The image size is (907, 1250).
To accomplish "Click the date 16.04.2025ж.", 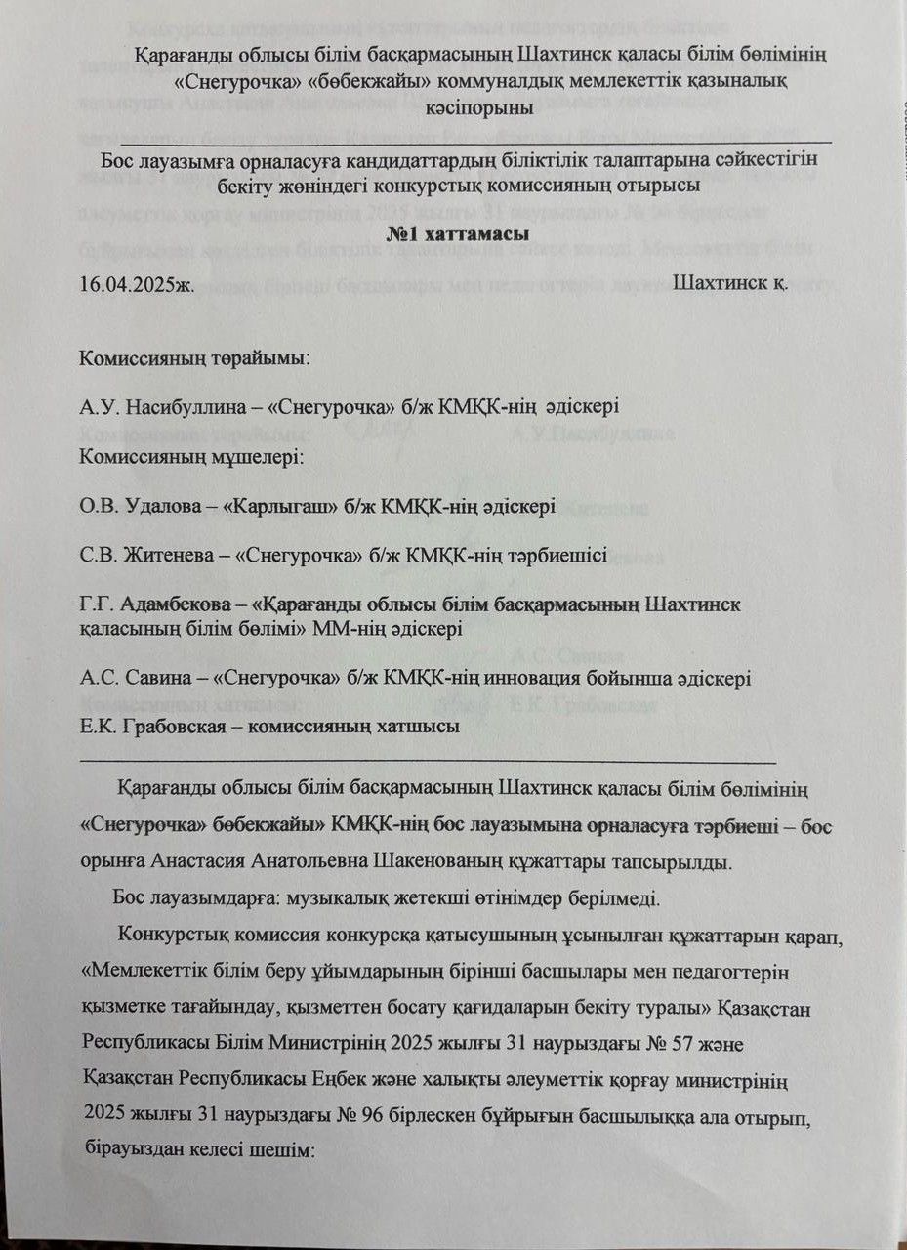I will tap(138, 284).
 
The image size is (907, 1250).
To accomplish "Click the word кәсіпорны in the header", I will tap(458, 108).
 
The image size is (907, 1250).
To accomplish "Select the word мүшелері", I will tap(259, 456).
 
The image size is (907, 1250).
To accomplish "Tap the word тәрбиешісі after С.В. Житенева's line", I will tap(555, 556).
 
